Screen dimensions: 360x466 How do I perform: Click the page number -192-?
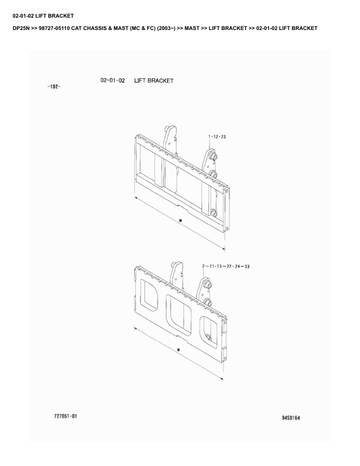click(x=54, y=86)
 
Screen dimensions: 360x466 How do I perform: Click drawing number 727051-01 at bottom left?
click(x=65, y=416)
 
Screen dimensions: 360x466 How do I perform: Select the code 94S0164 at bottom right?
click(x=291, y=418)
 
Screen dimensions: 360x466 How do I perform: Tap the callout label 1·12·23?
click(x=217, y=137)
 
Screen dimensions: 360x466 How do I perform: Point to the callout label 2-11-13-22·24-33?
click(x=226, y=267)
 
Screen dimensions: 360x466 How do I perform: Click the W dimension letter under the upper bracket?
click(x=181, y=221)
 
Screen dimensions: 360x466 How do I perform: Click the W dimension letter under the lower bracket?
click(x=178, y=350)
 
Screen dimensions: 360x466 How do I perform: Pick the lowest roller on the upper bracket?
click(x=214, y=214)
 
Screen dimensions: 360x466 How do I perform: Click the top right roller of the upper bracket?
click(x=214, y=157)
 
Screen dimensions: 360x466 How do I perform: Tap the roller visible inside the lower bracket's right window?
click(x=209, y=338)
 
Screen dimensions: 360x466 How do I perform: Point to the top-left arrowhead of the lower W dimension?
click(x=135, y=328)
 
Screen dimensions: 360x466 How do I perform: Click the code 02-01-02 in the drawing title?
click(x=113, y=81)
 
